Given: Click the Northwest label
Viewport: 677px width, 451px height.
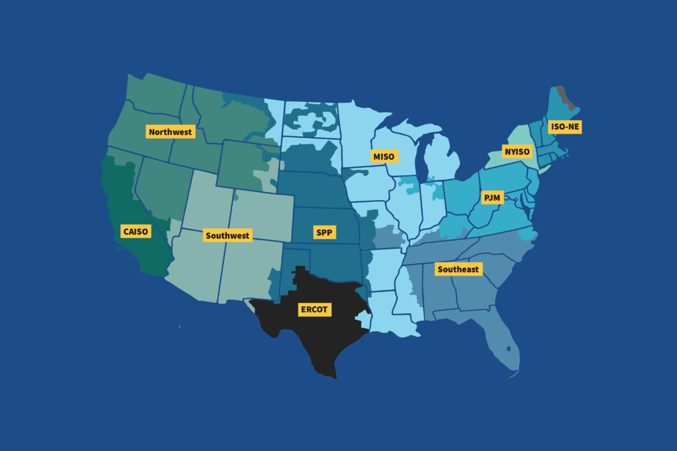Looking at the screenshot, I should tap(170, 132).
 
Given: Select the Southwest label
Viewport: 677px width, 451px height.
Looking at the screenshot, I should tap(227, 235).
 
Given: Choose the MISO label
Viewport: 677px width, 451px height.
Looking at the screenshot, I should tap(384, 156).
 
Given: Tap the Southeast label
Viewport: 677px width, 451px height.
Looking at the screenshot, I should tap(458, 269).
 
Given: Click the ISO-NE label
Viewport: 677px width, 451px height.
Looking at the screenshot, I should tap(565, 127).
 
